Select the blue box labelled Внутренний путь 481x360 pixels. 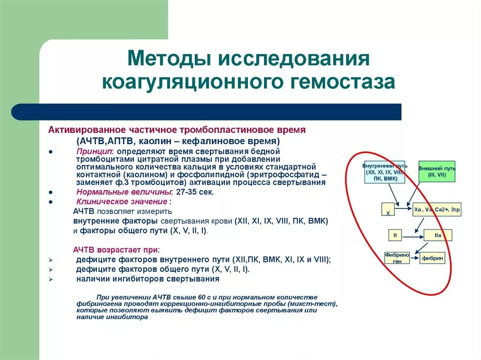(x=384, y=172)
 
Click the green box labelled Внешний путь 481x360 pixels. (x=436, y=171)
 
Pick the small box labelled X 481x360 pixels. (x=388, y=210)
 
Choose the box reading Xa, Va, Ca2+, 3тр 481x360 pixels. (x=436, y=209)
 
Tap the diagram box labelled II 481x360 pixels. (x=395, y=235)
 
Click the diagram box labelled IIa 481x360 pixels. (x=438, y=235)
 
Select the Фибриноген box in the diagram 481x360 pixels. (x=397, y=258)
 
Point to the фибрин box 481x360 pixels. (x=432, y=258)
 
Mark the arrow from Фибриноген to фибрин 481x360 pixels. (x=415, y=258)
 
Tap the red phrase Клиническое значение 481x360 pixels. (x=122, y=201)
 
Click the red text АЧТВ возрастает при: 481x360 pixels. (x=116, y=250)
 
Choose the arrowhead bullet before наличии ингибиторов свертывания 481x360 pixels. (x=51, y=279)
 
